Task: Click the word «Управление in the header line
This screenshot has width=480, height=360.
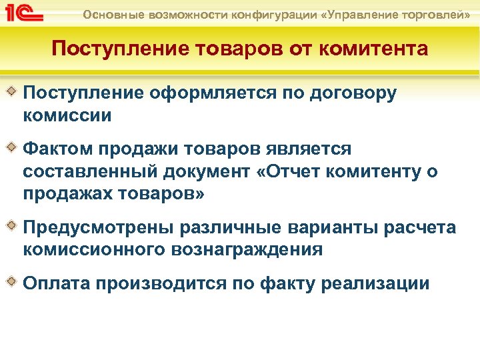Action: (x=361, y=13)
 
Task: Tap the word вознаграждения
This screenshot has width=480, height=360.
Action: (x=246, y=250)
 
